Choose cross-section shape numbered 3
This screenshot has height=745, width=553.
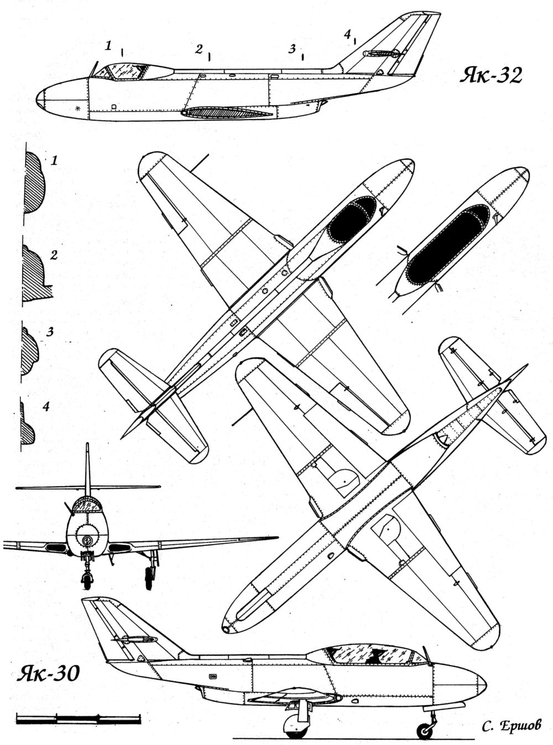(29, 352)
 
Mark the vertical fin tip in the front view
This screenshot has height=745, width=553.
(87, 446)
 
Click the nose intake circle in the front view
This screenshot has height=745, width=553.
(87, 540)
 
